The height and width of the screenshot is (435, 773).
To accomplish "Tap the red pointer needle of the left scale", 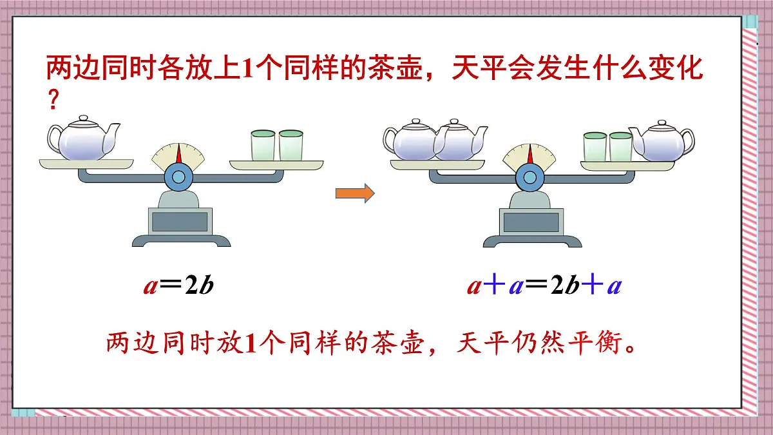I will (180, 154).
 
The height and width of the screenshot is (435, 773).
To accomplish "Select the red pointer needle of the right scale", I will (531, 154).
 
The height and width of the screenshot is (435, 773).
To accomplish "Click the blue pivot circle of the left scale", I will (179, 175).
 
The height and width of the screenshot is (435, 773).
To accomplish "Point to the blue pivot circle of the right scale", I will (530, 175).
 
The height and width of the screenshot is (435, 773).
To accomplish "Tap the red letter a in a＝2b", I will (150, 285).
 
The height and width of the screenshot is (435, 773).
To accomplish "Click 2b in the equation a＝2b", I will (198, 285).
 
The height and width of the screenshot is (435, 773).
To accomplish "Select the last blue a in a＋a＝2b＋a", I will (614, 285).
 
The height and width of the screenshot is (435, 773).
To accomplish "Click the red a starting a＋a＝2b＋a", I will (474, 285).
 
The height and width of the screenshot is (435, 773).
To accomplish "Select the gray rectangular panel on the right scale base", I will (532, 221).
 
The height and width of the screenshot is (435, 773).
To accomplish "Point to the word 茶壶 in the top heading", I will (396, 68).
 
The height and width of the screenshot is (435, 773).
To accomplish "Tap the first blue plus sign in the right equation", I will (493, 285).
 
